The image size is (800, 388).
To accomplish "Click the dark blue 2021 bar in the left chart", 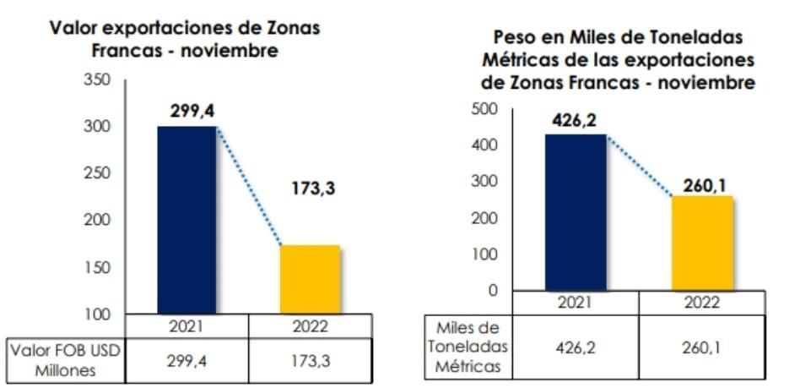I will tap(186, 220).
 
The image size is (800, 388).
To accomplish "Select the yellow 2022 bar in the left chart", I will tap(310, 279).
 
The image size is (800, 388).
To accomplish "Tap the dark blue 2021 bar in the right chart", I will tap(576, 211).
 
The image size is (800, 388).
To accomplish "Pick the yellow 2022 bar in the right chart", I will tap(702, 243).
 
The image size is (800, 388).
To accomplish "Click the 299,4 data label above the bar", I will tap(186, 111).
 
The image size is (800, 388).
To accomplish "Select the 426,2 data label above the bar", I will tap(575, 119).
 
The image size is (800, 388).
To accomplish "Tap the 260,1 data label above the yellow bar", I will tap(702, 180).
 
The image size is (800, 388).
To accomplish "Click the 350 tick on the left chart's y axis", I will tap(98, 80).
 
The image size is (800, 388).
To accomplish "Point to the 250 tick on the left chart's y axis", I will tap(98, 173).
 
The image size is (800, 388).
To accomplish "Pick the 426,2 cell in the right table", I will tap(576, 347).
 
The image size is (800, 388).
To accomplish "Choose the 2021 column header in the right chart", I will tap(576, 302).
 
